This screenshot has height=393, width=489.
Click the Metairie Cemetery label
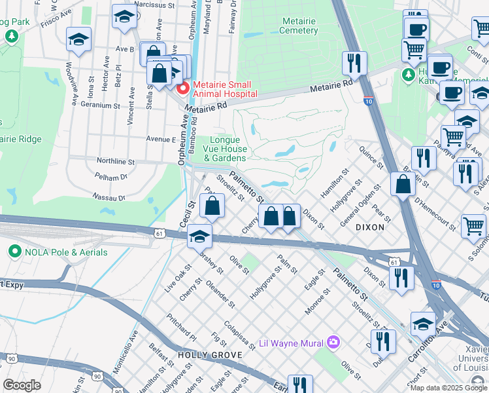point(298,26)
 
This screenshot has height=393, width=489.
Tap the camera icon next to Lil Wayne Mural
point(334,342)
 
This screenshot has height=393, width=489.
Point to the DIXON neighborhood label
point(369,227)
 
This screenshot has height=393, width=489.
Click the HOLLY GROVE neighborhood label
point(202,355)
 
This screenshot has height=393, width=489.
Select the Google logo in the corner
point(22,385)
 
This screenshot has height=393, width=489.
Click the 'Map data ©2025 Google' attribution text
point(448,388)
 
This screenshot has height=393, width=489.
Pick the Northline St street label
point(115,161)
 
